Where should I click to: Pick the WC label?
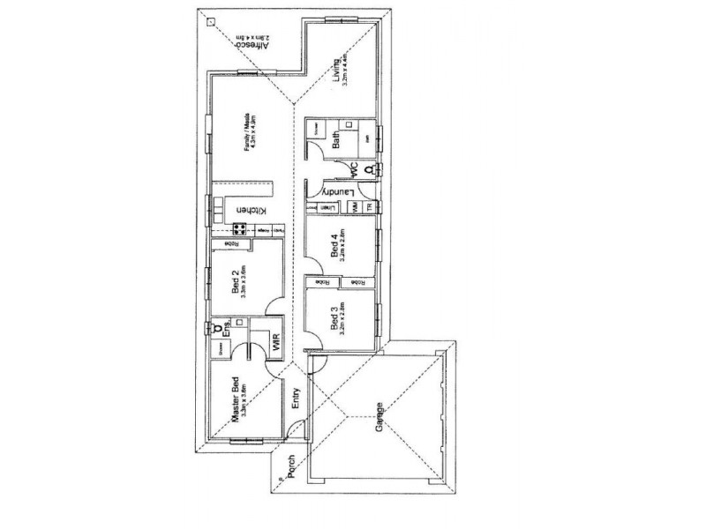coord(349,167)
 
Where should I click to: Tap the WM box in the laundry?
coord(354,206)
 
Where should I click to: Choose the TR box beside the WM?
coord(370,206)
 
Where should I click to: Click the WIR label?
coord(276,342)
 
